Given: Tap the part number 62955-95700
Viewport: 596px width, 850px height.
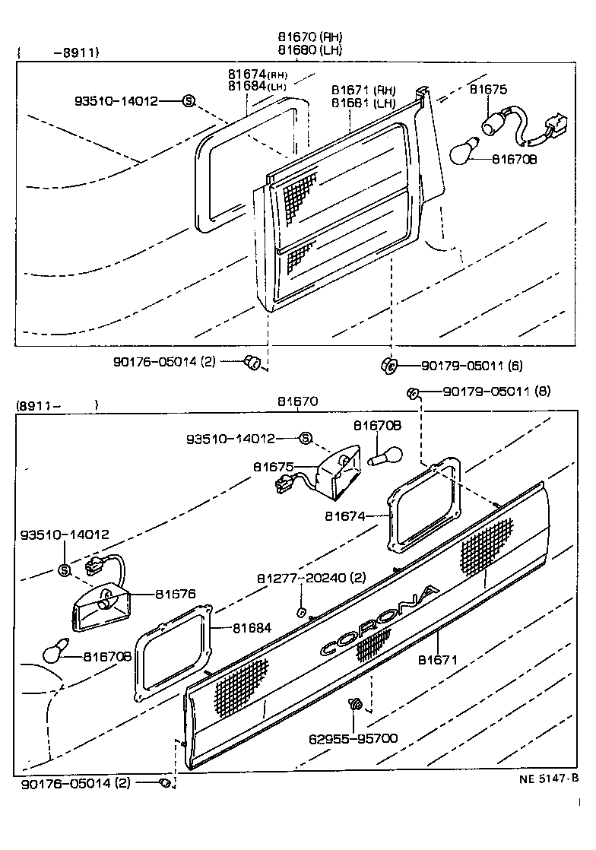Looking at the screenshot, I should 353,738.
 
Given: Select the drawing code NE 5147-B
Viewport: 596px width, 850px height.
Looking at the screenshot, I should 549,778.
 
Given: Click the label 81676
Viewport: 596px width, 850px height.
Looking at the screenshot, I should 176,595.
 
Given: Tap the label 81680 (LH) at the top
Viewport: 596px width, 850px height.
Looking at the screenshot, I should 309,50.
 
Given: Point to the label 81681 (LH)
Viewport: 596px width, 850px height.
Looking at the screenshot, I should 363,102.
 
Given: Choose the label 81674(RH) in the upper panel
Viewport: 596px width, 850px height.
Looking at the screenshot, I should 257,75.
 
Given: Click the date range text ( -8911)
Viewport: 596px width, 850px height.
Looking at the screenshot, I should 59,52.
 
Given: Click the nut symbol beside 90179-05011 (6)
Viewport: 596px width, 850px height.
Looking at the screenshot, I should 388,366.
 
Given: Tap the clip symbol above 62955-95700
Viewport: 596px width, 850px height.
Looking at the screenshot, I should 354,706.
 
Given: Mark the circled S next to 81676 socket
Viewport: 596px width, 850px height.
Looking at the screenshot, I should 64,570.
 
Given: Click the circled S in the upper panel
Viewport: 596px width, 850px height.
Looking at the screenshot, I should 189,100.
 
